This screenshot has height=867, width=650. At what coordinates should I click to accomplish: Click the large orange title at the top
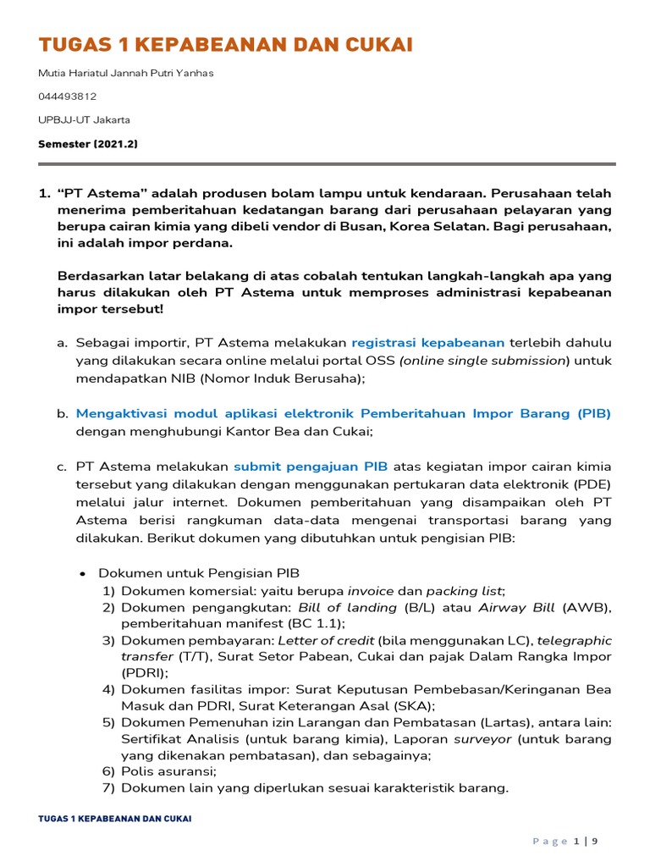coord(226,45)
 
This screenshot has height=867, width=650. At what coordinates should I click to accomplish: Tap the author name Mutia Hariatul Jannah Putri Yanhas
coord(126,73)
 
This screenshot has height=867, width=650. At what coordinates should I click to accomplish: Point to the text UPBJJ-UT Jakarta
coord(85,119)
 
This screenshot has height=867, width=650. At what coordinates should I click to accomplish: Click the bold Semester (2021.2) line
coord(88,144)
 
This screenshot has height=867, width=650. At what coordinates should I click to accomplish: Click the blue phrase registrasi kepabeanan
coord(427,343)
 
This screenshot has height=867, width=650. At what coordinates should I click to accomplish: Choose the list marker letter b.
coord(62,413)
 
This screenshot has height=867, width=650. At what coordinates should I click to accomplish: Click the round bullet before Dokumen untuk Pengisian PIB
coord(83,573)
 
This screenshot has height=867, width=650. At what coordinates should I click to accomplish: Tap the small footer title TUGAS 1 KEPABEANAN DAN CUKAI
coord(115,819)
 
